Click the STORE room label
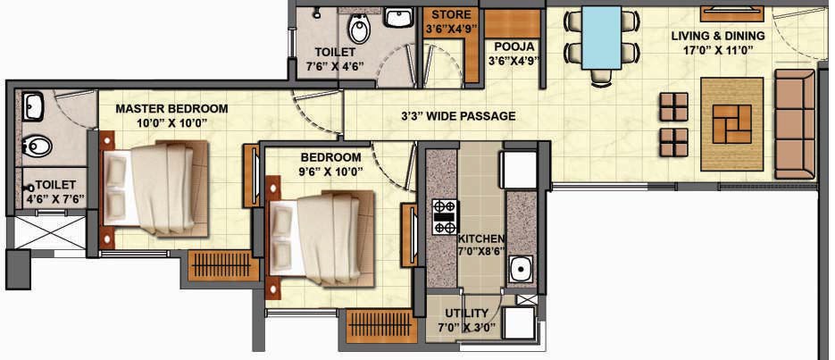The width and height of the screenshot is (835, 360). pos(451,14)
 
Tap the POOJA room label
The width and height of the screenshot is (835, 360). pos(514,46)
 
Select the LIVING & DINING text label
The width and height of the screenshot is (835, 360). pos(718,37)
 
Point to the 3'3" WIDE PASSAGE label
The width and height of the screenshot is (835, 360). pos(458,116)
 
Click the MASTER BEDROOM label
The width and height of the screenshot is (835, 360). pos(172,109)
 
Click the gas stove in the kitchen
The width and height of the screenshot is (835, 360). pos(446,217)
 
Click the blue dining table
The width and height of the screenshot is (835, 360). pos(601,38)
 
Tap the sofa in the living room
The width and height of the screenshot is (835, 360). pos(795,123)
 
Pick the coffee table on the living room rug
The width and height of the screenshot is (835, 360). pos(732,123)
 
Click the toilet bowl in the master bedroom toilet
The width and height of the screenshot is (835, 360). pos(37,146)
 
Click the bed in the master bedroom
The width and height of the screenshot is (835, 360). pos(154,188)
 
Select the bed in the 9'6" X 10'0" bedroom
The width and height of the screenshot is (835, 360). pos(320,237)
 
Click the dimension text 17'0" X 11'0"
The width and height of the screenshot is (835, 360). pos(718,52)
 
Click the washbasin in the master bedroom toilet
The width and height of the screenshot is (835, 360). pos(33,106)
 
